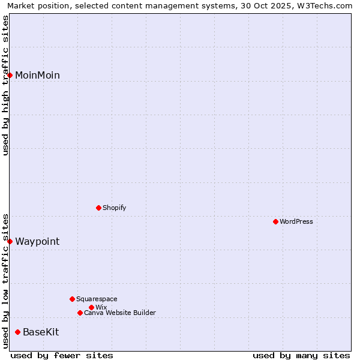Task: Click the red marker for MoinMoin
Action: point(10,75)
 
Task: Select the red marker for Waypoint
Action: point(10,241)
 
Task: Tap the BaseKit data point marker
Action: point(18,332)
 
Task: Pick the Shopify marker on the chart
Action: point(98,208)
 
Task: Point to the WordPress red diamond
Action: point(275,221)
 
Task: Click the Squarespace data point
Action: point(72,299)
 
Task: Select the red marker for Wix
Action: point(91,307)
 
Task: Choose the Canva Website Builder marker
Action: point(80,313)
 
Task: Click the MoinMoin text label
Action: point(37,75)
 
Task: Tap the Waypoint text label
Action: point(37,241)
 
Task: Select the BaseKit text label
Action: point(41,332)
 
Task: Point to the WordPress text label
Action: point(296,221)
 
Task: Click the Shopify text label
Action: point(114,208)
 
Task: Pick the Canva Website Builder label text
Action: point(120,313)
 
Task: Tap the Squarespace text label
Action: point(97,299)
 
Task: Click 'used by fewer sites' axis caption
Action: point(62,355)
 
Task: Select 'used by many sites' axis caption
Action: point(301,355)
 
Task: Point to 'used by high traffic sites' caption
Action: point(5,85)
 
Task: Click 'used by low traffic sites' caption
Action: point(5,280)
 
